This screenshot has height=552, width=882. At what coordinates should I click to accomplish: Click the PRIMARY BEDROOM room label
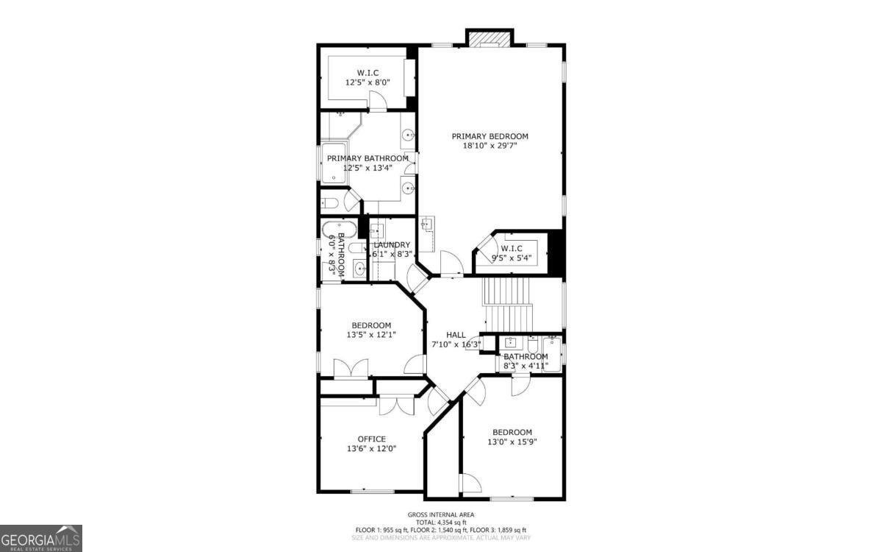coord(490,136)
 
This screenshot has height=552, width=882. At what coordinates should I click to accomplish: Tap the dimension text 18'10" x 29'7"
coord(490,146)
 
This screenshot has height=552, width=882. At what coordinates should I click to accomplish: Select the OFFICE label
coord(371,439)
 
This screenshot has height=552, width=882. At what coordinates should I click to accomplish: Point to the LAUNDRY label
coord(392,245)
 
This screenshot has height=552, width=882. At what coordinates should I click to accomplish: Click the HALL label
coord(456,335)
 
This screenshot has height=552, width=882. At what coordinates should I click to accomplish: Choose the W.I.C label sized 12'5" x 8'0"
coord(367,72)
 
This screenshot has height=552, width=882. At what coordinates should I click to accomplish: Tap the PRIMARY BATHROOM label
coord(367,158)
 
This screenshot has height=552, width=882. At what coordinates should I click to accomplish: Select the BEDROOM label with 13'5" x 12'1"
coord(371,325)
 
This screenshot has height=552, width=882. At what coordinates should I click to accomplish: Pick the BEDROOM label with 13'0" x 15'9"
coord(512,432)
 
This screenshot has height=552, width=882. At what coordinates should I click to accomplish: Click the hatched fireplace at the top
coord(489,38)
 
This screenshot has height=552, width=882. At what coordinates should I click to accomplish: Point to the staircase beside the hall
coord(507,305)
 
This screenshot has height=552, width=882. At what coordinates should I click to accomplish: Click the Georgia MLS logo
coord(41,538)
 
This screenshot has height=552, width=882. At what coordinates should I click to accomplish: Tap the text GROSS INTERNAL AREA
coord(441,514)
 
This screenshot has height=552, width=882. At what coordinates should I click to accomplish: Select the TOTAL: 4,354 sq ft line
coord(441,522)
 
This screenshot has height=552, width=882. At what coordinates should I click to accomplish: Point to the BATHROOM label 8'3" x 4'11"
coord(526,357)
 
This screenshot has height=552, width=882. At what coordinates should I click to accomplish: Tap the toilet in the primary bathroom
coord(329,203)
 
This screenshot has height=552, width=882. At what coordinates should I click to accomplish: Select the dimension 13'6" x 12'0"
coord(371,449)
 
